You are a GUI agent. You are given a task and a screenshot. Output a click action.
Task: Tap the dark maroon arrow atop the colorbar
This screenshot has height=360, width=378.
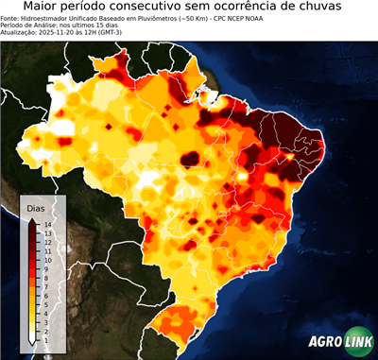31,219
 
